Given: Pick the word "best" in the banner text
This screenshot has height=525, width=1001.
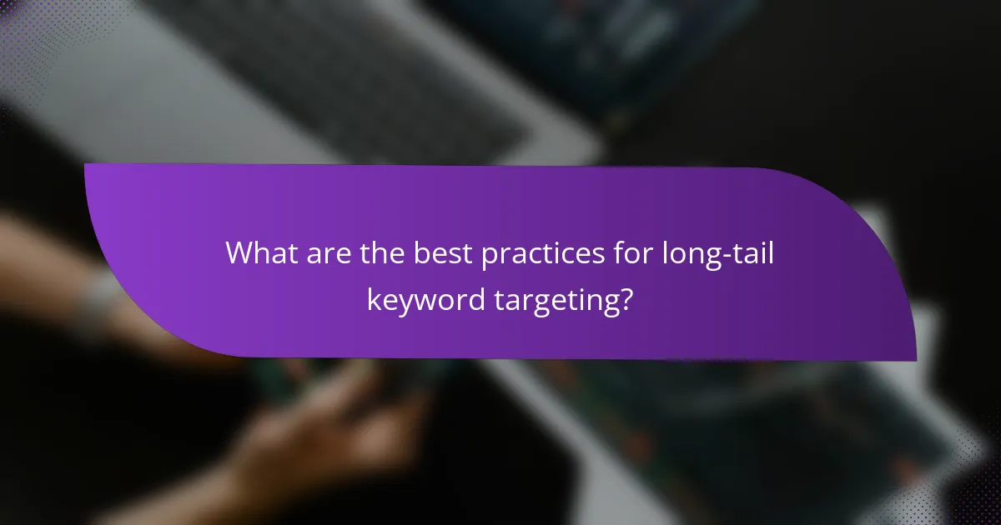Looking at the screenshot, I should tap(442, 254).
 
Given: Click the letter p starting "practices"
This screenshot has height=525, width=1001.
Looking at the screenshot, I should tap(489, 257).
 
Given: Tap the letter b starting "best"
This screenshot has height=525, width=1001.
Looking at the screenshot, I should tap(420, 254).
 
